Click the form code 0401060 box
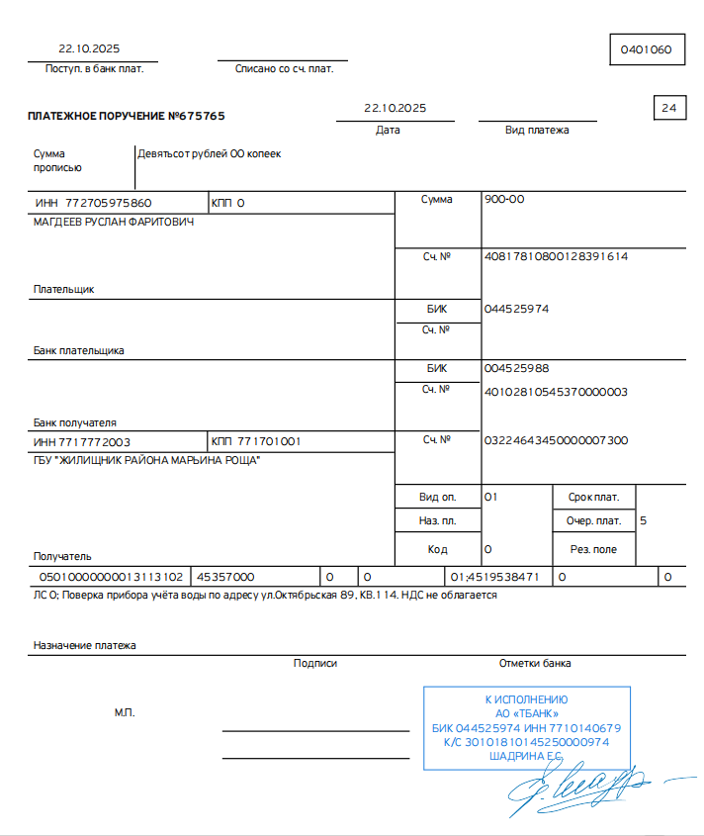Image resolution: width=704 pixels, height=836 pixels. [647, 48]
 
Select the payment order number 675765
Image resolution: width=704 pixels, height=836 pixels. [197, 116]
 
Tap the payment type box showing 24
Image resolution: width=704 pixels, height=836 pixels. [669, 108]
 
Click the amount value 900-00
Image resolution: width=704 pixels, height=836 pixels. [504, 200]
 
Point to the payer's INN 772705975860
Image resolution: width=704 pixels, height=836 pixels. [109, 203]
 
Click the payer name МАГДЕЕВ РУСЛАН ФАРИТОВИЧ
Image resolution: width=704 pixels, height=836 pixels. [114, 222]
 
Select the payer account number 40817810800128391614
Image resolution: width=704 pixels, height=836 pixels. [556, 256]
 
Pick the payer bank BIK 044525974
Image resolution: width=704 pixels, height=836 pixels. [516, 309]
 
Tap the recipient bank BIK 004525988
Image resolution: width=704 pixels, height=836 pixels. [516, 368]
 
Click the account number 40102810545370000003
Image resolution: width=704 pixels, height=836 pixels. [556, 392]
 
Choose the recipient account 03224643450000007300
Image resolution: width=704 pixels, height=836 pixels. [556, 440]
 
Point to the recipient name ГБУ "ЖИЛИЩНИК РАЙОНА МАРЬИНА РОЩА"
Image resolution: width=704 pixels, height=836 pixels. [147, 460]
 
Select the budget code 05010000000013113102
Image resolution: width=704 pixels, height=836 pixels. [111, 576]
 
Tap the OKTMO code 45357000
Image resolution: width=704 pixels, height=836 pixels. [225, 576]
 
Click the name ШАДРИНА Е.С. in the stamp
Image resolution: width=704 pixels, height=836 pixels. [525, 756]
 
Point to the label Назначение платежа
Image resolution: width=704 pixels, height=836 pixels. [85, 645]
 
